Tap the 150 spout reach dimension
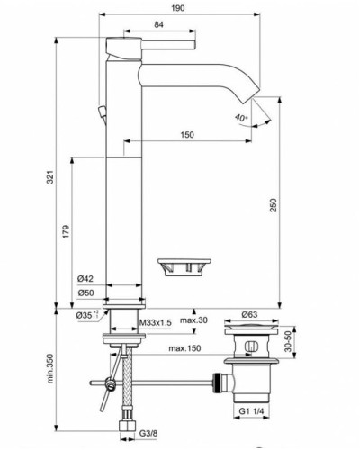[x=186, y=135]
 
